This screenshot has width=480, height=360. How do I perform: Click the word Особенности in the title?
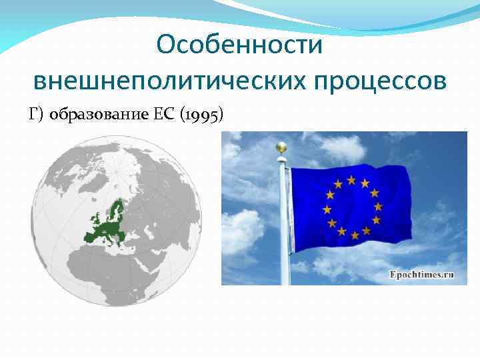pos(239,45)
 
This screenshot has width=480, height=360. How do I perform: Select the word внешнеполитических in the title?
pos(167,81)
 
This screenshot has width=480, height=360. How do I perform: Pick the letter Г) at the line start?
pos(37,114)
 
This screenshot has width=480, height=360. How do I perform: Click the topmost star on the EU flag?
pos(350,178)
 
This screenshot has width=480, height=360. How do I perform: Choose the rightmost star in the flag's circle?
pos(379,207)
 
